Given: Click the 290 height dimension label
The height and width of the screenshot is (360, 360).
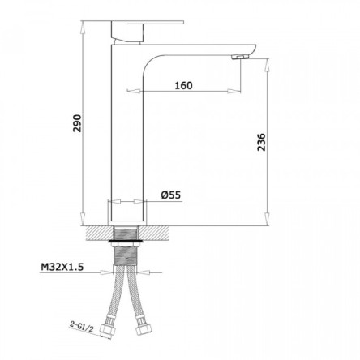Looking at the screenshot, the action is [x=77, y=123].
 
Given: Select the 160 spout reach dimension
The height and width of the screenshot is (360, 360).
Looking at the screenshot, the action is [x=184, y=85].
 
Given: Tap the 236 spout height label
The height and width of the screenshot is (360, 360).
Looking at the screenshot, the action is [x=262, y=142].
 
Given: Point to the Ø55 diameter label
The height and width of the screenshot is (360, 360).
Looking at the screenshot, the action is [x=171, y=195].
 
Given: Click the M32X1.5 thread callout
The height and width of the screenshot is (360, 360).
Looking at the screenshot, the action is [x=62, y=267].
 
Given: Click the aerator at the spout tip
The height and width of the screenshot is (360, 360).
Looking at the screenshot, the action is [x=240, y=57].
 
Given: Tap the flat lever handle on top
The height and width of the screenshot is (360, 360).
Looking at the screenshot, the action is [x=148, y=22].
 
